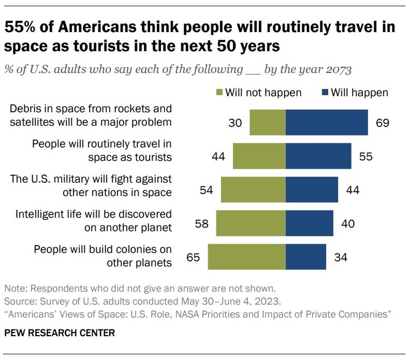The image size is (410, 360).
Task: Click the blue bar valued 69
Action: [x=327, y=123]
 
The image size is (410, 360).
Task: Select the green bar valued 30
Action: [x=267, y=123]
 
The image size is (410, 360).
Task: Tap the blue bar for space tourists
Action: [x=318, y=156]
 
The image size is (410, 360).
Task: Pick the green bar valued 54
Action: [x=253, y=190]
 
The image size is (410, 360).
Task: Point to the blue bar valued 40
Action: [x=309, y=223]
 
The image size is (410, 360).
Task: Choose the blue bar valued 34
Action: [x=306, y=257]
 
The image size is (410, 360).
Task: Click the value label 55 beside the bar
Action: [x=365, y=156]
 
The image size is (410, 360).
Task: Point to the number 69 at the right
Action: [x=382, y=123]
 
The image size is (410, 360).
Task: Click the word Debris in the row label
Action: [x=25, y=109]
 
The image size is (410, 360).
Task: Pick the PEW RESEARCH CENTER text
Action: [x=60, y=333]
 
